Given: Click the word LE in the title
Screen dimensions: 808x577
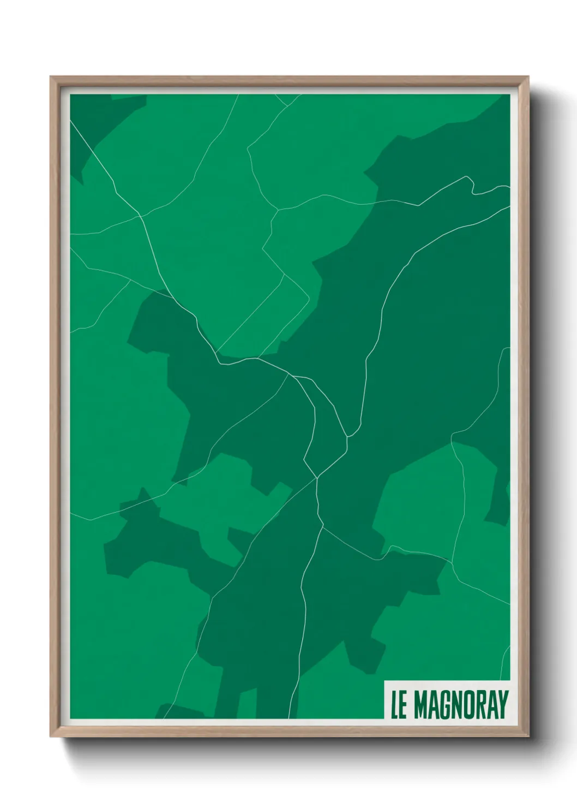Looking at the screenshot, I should (x=399, y=705).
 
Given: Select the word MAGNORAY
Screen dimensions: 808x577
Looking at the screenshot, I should (x=461, y=705).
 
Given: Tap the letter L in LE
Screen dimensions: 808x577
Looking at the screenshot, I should (x=394, y=705).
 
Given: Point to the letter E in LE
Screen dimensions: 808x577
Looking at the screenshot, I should (x=403, y=705).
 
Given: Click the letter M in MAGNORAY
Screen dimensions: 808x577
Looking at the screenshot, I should (x=421, y=705).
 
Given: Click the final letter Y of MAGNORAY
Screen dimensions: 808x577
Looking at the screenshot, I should (x=503, y=705).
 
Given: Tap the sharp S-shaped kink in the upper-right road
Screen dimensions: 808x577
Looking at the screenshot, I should (x=472, y=186).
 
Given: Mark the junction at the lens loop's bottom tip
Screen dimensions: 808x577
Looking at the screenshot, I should (x=317, y=479).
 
